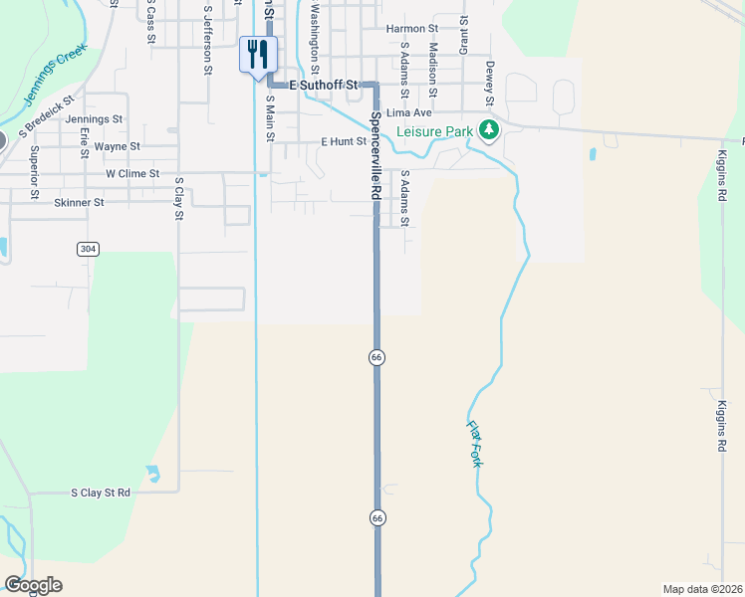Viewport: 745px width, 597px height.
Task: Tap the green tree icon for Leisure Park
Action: [x=488, y=129]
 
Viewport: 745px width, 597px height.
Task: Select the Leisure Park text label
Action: [x=435, y=131]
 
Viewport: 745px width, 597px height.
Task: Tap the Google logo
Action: [x=33, y=585]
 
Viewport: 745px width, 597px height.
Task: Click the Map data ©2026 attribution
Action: [x=702, y=589]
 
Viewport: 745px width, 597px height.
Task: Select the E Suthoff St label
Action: [x=323, y=87]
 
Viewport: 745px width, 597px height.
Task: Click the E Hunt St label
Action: [x=344, y=142]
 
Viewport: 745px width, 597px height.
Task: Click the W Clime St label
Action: [x=132, y=173]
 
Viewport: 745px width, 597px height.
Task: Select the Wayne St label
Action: [x=118, y=146]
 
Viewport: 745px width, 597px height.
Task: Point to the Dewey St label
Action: [x=490, y=82]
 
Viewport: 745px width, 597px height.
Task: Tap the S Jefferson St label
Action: [x=207, y=40]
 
